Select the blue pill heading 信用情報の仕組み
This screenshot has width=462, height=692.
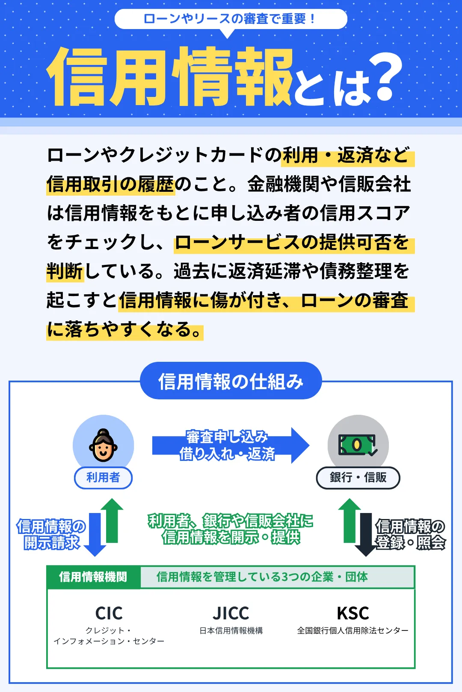click(x=231, y=381)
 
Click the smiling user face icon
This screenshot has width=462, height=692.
click(x=103, y=445)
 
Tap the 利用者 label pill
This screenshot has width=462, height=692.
click(x=104, y=477)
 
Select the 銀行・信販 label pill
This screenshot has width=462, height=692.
click(x=358, y=478)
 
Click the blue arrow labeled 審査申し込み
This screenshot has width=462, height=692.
click(x=231, y=445)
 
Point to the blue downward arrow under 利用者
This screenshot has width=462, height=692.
click(x=95, y=535)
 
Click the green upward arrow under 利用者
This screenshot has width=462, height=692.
click(x=112, y=520)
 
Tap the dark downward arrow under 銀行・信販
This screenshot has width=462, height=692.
click(x=366, y=535)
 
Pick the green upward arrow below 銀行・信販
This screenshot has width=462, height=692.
click(x=349, y=520)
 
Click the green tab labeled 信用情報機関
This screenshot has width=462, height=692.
click(x=93, y=577)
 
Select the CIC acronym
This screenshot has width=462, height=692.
click(x=109, y=613)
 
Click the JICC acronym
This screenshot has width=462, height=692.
click(x=231, y=613)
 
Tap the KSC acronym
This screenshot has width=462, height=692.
click(x=353, y=613)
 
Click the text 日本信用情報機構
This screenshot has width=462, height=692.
click(x=231, y=630)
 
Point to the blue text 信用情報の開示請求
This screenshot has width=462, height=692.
click(x=51, y=534)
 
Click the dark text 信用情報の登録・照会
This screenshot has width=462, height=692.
click(x=410, y=534)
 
